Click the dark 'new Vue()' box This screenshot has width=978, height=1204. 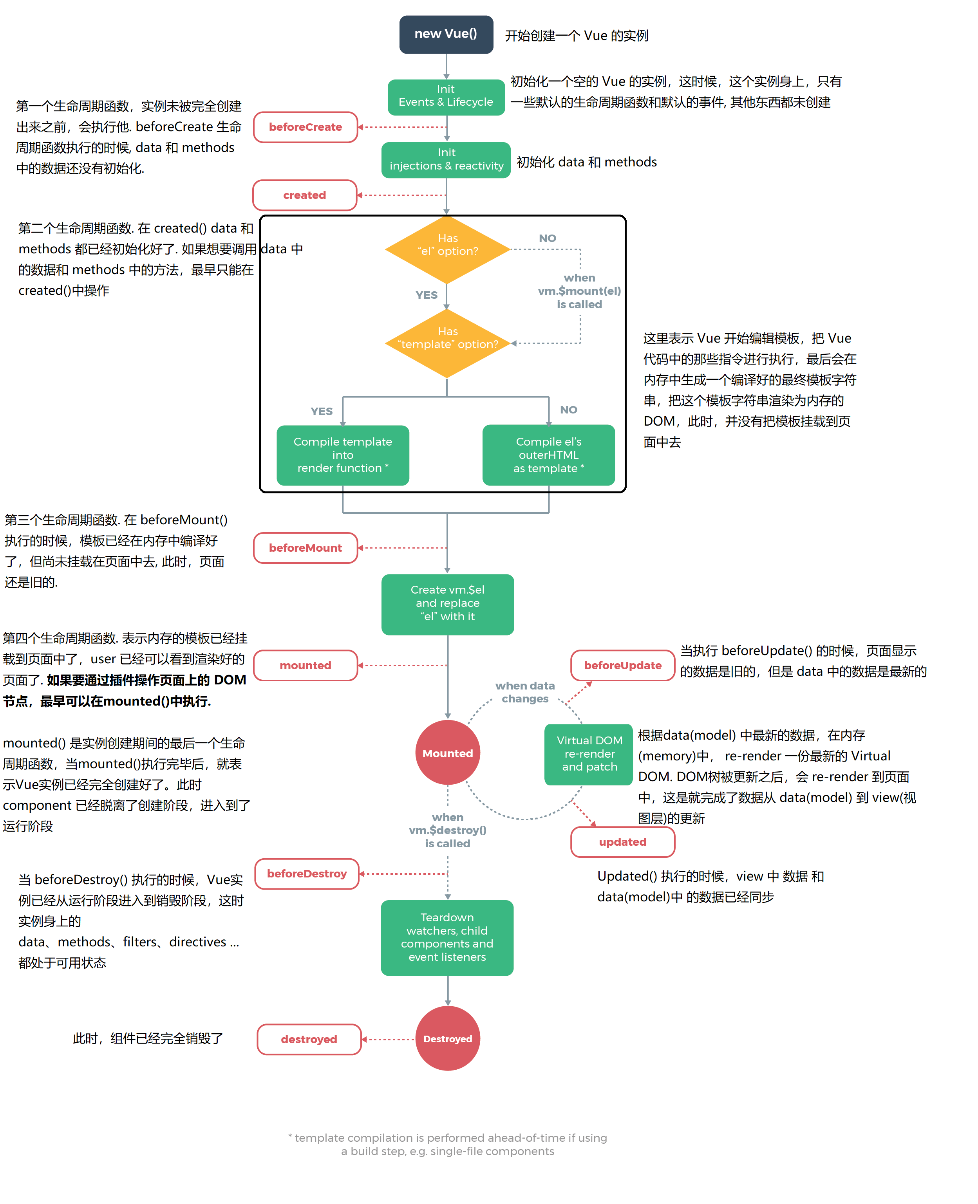tap(446, 34)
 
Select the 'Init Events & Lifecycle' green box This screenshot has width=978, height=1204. tap(446, 96)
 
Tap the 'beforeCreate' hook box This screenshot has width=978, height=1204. tap(306, 127)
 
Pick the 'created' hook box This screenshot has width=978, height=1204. tap(305, 195)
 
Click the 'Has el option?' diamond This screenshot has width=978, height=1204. tap(447, 249)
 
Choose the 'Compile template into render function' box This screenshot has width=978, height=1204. tap(343, 455)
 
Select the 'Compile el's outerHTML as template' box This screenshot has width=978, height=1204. tap(548, 455)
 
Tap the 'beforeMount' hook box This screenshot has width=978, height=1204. tap(306, 548)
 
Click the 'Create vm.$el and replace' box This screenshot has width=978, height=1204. tap(447, 604)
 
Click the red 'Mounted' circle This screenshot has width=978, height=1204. tap(447, 753)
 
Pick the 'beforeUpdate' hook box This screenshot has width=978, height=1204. tap(622, 666)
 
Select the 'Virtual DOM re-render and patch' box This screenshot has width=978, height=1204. tap(589, 754)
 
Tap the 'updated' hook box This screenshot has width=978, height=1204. tap(622, 842)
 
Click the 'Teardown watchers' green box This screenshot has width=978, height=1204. tap(447, 937)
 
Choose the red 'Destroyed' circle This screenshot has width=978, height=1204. tap(447, 1038)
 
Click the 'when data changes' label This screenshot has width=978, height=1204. tap(525, 692)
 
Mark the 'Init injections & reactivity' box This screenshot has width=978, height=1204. tap(446, 160)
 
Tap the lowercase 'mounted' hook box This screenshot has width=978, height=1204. tap(306, 666)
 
